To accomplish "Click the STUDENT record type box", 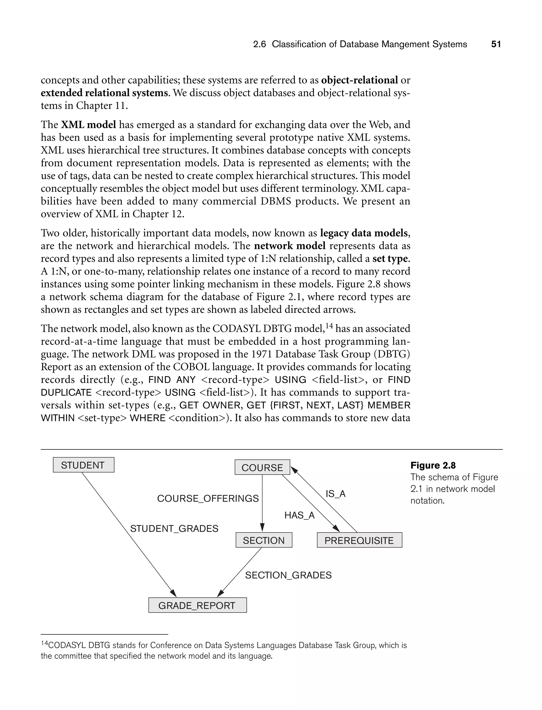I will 84,465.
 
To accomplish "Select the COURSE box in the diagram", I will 262,467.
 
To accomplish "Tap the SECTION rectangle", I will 264,540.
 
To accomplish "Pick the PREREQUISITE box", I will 359,540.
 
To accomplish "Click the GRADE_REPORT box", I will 197,605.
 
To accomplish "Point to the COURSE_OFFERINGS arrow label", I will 208,498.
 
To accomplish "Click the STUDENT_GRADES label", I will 174,529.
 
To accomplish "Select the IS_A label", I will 336,494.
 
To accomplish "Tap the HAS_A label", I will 299,515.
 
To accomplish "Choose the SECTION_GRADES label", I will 288,575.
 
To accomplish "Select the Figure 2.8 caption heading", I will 433,465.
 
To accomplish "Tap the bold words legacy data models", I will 364,233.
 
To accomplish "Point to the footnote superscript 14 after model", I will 329,326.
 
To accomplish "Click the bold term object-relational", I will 359,80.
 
